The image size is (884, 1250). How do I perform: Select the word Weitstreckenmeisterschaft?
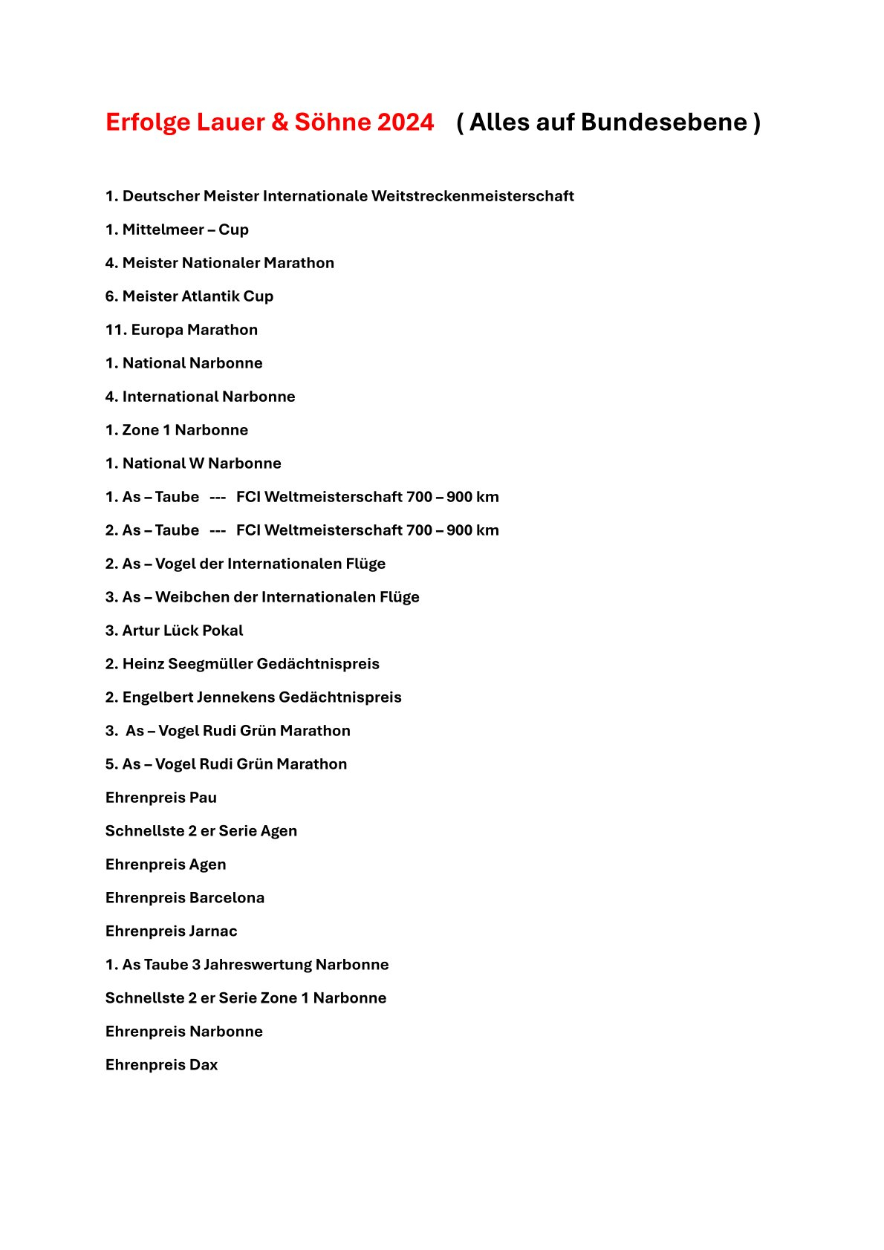pyautogui.click(x=472, y=196)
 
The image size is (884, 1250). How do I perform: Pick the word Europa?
pyautogui.click(x=157, y=330)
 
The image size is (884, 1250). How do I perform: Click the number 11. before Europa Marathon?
pyautogui.click(x=116, y=330)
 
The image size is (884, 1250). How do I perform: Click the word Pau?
pyautogui.click(x=203, y=798)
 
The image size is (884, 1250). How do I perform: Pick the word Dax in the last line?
pyautogui.click(x=204, y=1065)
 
